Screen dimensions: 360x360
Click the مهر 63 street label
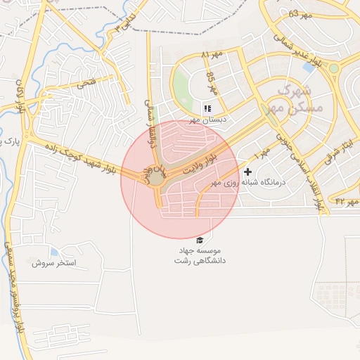[x=298, y=13]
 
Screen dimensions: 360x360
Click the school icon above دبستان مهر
[x=207, y=108]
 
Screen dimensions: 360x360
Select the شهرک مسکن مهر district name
[x=290, y=98]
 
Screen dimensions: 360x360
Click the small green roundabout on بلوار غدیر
[x=334, y=69]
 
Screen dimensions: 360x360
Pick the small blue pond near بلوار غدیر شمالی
[x=309, y=67]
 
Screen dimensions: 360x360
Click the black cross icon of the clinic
[x=247, y=172]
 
